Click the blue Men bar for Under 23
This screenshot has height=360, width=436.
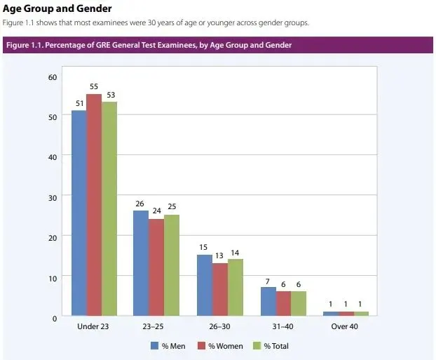point(79,213)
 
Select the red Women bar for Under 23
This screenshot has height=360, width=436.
point(94,205)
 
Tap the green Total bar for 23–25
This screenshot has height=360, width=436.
point(172,265)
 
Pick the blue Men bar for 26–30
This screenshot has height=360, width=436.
point(205,285)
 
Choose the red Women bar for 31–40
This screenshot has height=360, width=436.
point(283,303)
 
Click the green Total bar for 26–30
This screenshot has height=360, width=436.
point(236,287)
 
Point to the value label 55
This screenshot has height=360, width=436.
point(94,86)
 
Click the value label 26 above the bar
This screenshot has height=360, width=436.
point(140,204)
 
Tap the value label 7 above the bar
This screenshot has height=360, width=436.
point(268,282)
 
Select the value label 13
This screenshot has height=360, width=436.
point(219,255)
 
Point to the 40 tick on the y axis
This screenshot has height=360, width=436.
point(53,157)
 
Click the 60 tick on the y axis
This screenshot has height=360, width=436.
point(53,77)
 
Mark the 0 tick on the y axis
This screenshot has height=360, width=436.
point(55,319)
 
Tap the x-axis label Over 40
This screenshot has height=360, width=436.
point(344,326)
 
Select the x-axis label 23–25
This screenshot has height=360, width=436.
point(153,326)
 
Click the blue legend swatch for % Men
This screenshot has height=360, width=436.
point(154,346)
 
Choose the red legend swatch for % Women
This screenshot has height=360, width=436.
point(201,346)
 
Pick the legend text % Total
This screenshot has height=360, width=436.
point(276,346)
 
